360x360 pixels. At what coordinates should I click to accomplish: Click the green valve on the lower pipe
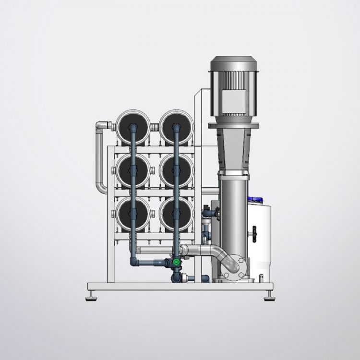click(x=177, y=263)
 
